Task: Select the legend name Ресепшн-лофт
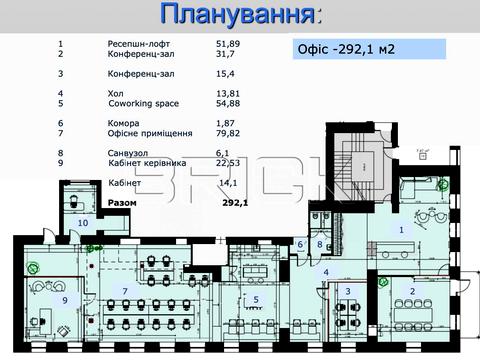[138, 45]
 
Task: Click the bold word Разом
[123, 201]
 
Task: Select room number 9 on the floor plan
[65, 299]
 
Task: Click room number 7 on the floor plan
[125, 291]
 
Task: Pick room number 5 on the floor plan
[256, 298]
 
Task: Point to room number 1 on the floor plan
[401, 229]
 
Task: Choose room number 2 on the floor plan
[412, 291]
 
